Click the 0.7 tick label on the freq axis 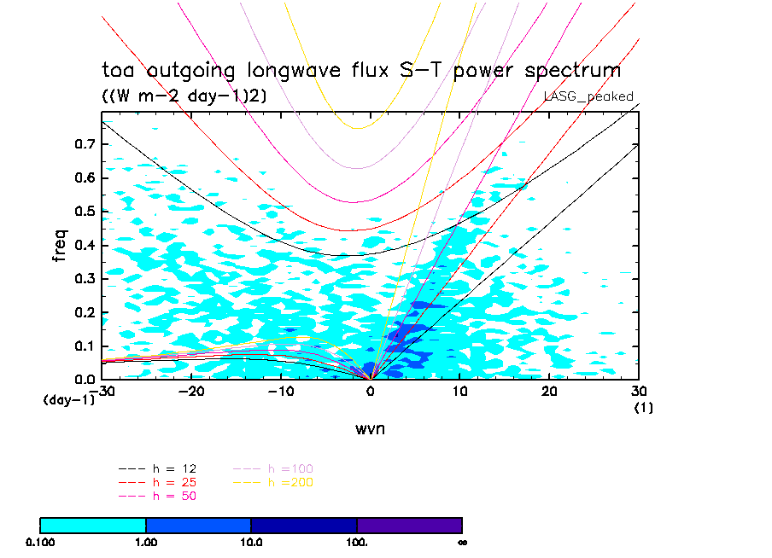84,145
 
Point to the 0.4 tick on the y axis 84,246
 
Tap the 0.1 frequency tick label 84,346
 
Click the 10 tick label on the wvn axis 459,390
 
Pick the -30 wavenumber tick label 102,390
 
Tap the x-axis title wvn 370,429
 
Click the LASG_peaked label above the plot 588,96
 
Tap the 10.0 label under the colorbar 251,542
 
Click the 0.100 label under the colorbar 41,542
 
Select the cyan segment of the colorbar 93,525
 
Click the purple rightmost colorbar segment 409,525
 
